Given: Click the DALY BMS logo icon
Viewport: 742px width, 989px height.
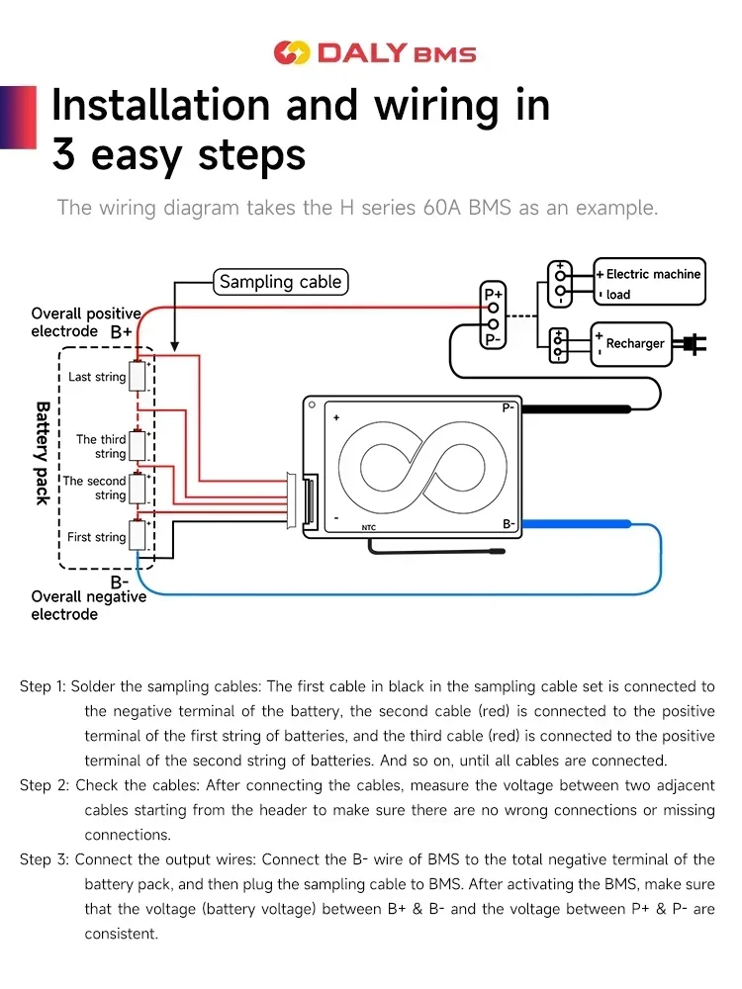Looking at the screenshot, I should pos(292,52).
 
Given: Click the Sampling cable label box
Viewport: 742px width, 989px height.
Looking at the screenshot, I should pos(280,282).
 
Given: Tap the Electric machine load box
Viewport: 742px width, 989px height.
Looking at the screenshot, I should pos(650,284).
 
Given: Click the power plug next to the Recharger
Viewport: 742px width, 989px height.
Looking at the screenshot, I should pos(691,344).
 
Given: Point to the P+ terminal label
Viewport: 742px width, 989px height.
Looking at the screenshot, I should pos(493,295).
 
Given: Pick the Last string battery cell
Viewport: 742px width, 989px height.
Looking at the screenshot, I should pos(138,377).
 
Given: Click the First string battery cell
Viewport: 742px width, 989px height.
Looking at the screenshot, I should pos(138,535).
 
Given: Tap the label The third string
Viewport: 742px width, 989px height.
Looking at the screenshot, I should pos(101,446).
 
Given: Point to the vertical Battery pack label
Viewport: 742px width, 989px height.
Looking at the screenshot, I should pos(43,452).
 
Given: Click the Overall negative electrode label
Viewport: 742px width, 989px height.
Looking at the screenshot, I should pos(88,605).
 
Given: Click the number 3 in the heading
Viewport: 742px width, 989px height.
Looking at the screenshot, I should pos(63,155).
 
